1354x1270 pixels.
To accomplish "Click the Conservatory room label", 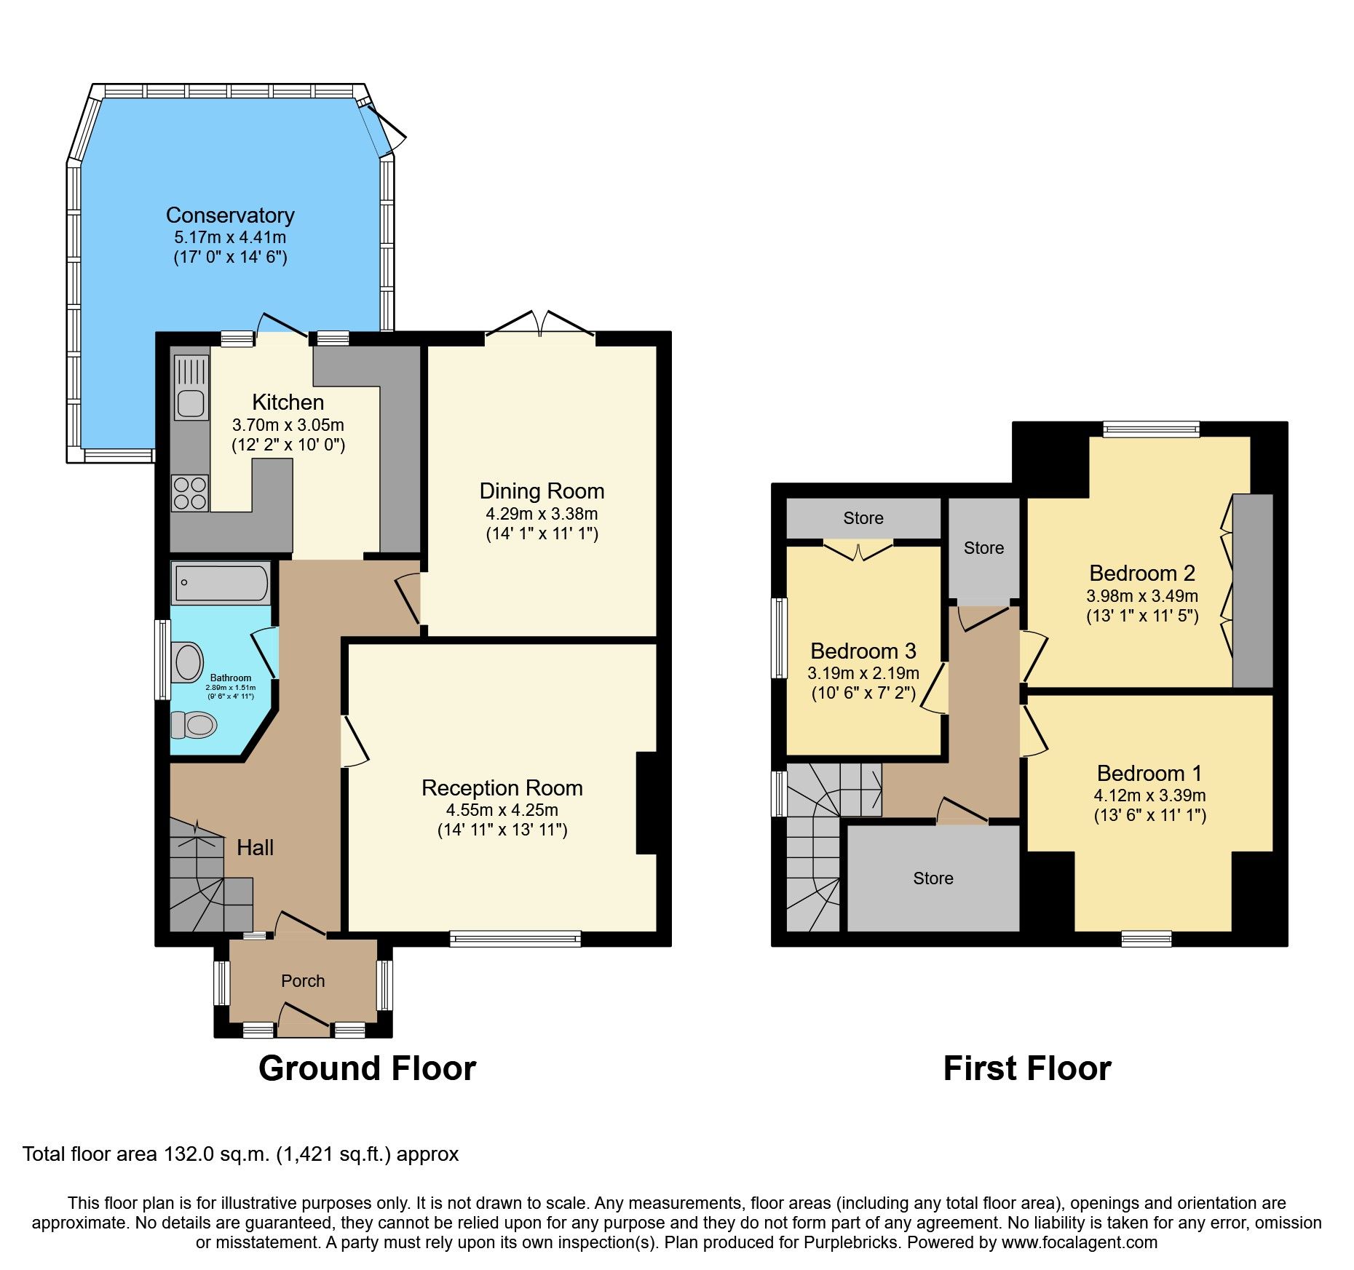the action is pyautogui.click(x=230, y=215).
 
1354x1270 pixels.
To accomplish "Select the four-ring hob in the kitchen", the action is pyautogui.click(x=190, y=493).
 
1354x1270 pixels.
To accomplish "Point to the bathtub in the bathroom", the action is pyautogui.click(x=221, y=583).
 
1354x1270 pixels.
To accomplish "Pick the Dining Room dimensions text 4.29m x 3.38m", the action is pyautogui.click(x=542, y=514).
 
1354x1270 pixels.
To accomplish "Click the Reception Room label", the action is pyautogui.click(x=502, y=788).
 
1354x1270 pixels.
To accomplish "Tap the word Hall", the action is pyautogui.click(x=256, y=848).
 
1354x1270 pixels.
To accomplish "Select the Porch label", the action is pyautogui.click(x=303, y=981).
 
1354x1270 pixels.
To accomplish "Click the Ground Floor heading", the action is pyautogui.click(x=367, y=1069).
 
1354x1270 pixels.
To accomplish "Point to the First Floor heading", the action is pyautogui.click(x=1027, y=1069).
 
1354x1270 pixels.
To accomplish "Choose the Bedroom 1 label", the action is pyautogui.click(x=1149, y=773).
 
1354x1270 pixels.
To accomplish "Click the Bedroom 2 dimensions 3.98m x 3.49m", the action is pyautogui.click(x=1142, y=596).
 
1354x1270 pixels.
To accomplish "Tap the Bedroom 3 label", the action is pyautogui.click(x=863, y=651).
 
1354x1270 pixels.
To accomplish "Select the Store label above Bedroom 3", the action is pyautogui.click(x=863, y=518).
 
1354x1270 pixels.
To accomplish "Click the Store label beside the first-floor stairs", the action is pyautogui.click(x=933, y=878).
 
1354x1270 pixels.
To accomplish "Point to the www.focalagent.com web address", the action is pyautogui.click(x=1080, y=1242).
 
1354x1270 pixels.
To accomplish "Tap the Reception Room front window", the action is pyautogui.click(x=515, y=939).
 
